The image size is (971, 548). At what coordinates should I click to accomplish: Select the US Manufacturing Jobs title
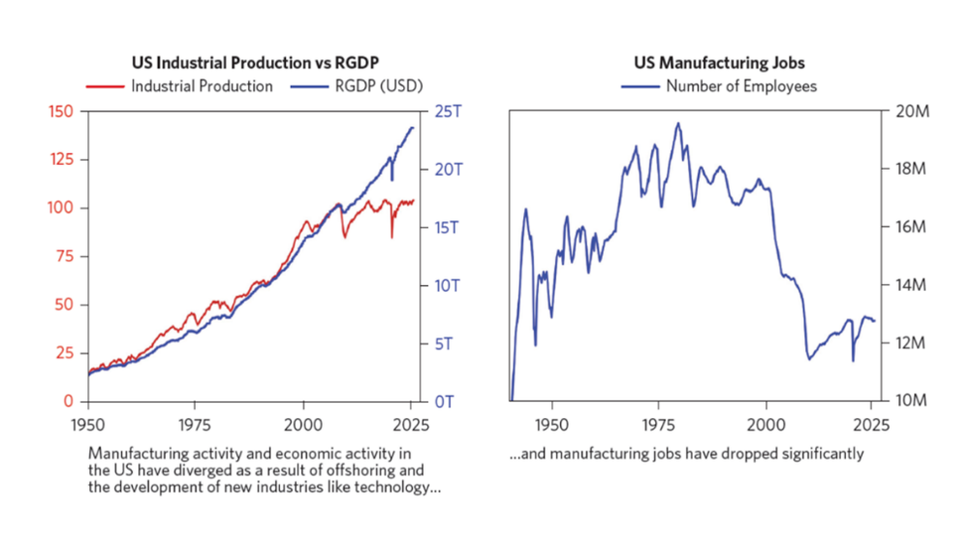coord(719,63)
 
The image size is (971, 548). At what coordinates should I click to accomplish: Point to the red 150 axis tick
coord(61,112)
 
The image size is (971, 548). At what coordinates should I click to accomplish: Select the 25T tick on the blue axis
coord(448,112)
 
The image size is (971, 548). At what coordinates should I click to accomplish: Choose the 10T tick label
coord(448,285)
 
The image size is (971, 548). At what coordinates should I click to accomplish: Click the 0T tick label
coord(444,401)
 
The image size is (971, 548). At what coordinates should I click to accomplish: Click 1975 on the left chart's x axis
coord(196,422)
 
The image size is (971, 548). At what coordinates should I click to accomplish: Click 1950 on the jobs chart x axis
coord(552,422)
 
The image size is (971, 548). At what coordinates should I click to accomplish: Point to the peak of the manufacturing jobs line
coord(678,123)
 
